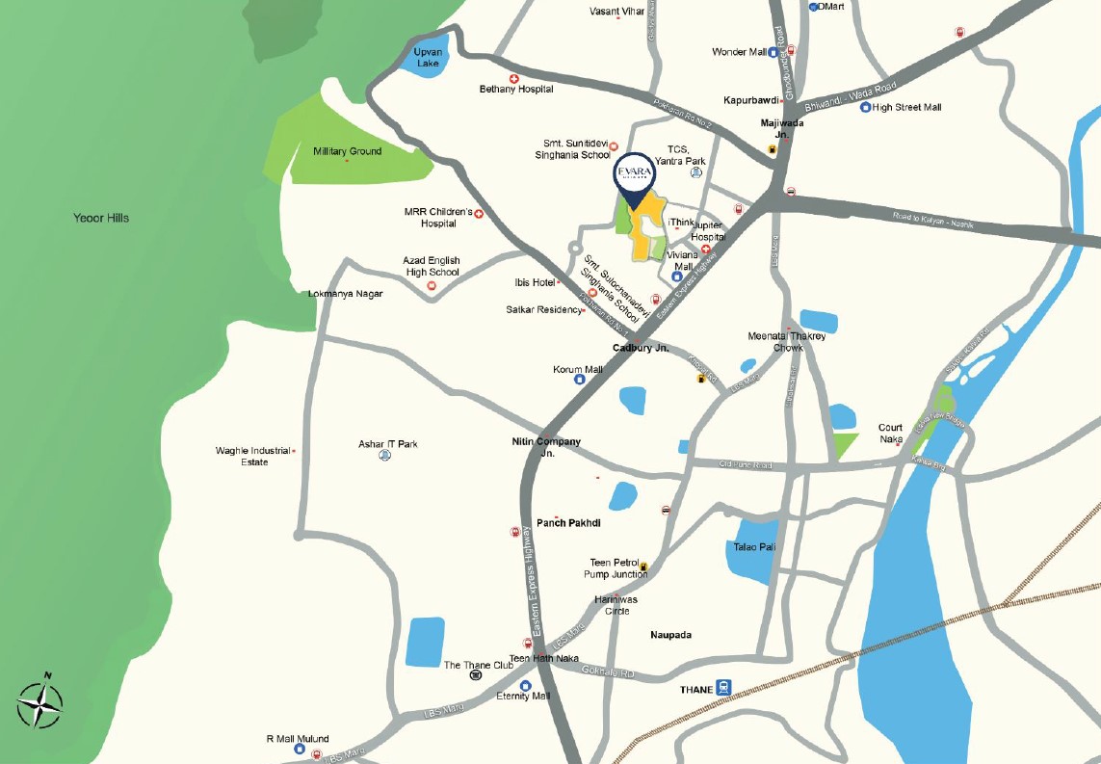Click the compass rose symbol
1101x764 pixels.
(39, 704)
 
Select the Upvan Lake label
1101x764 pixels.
(427, 57)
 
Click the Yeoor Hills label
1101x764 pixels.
(101, 218)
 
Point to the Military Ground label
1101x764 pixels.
(347, 151)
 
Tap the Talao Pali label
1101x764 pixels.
(754, 547)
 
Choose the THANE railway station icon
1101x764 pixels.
(724, 690)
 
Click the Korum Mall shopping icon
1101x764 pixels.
(580, 380)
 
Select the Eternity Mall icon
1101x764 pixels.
(525, 685)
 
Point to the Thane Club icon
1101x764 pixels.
(475, 676)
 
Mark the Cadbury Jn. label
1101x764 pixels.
(641, 348)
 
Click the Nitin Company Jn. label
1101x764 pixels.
(546, 447)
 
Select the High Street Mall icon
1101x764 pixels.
(865, 107)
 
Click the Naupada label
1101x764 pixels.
(670, 635)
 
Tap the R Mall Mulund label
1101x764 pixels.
(298, 739)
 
